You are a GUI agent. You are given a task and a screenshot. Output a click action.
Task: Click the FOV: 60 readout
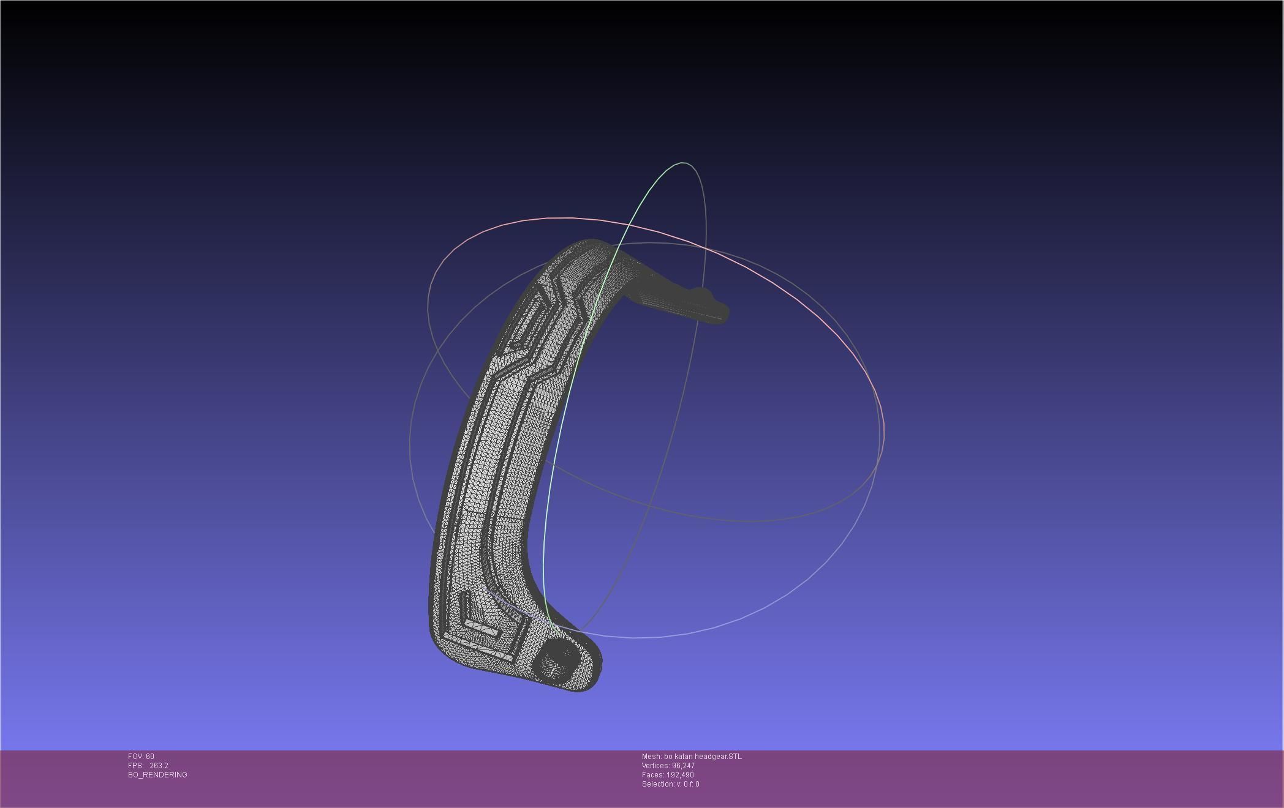[141, 757]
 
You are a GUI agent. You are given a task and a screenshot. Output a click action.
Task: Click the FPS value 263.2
[159, 766]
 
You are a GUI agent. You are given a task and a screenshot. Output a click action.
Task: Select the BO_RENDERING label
[157, 775]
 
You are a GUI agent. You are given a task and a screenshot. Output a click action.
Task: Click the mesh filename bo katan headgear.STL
[703, 757]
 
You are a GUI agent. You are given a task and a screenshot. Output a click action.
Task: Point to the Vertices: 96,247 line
[668, 766]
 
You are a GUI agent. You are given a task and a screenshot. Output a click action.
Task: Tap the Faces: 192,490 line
[668, 775]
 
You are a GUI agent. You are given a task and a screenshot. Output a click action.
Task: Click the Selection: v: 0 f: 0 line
[670, 784]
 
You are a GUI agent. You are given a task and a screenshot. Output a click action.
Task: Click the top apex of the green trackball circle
[683, 163]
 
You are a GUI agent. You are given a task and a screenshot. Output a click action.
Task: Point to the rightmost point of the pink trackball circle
[883, 428]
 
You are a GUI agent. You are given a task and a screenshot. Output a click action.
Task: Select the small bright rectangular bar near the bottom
[483, 627]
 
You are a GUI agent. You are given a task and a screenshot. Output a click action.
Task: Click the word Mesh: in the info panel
[651, 757]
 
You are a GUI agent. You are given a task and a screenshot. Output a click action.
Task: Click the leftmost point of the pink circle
[428, 300]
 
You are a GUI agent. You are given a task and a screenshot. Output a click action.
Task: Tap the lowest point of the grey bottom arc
[634, 638]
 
